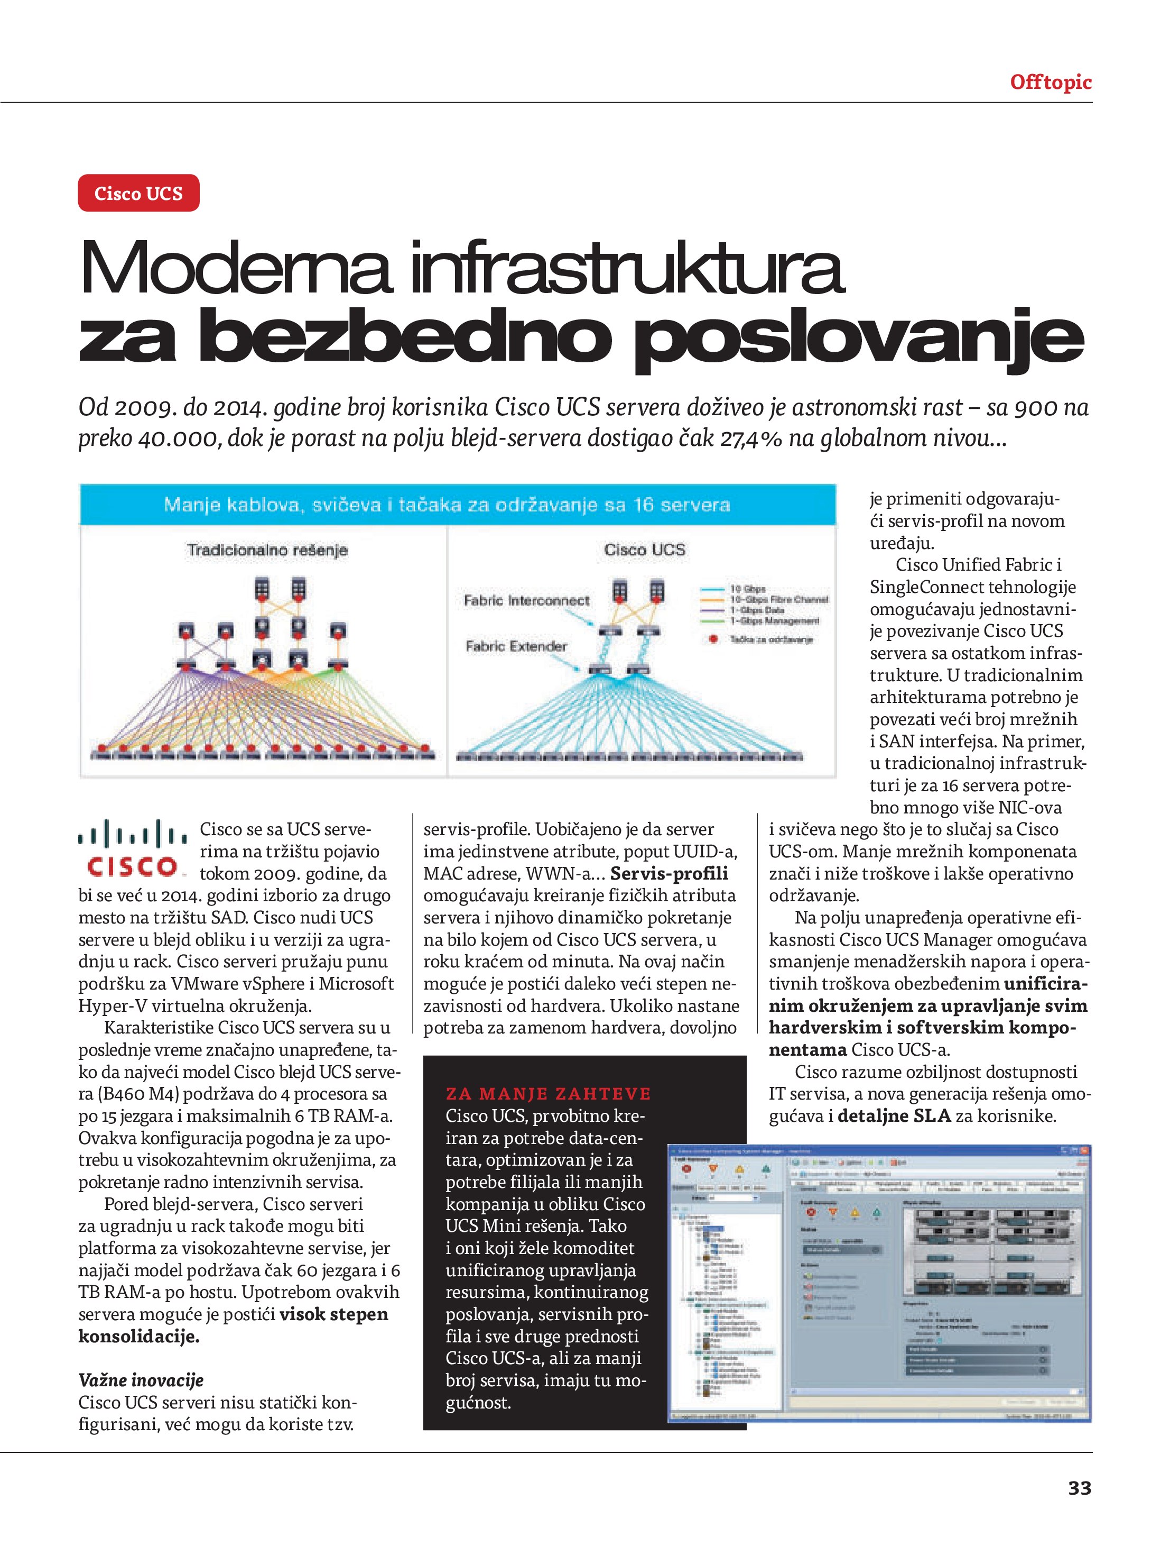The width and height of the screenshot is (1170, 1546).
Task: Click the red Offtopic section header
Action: (x=1050, y=83)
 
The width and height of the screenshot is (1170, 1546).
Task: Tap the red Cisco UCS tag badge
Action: (x=138, y=194)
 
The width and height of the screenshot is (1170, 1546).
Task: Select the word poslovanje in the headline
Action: (x=858, y=339)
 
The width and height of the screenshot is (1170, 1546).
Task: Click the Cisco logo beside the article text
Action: (x=133, y=848)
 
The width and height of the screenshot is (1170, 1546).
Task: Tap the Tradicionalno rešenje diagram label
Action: (x=267, y=551)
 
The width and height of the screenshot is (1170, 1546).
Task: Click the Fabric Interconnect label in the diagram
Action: (x=526, y=601)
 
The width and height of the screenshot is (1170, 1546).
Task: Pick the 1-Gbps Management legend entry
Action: (x=774, y=620)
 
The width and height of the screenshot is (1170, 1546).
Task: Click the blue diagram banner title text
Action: (x=447, y=505)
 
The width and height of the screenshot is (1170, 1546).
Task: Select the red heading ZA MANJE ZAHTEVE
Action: (x=547, y=1094)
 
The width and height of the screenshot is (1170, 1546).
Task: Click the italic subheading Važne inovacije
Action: (x=141, y=1380)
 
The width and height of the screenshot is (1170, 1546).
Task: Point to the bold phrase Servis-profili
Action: (x=668, y=874)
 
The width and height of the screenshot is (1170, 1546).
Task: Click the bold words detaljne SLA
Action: (x=894, y=1116)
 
